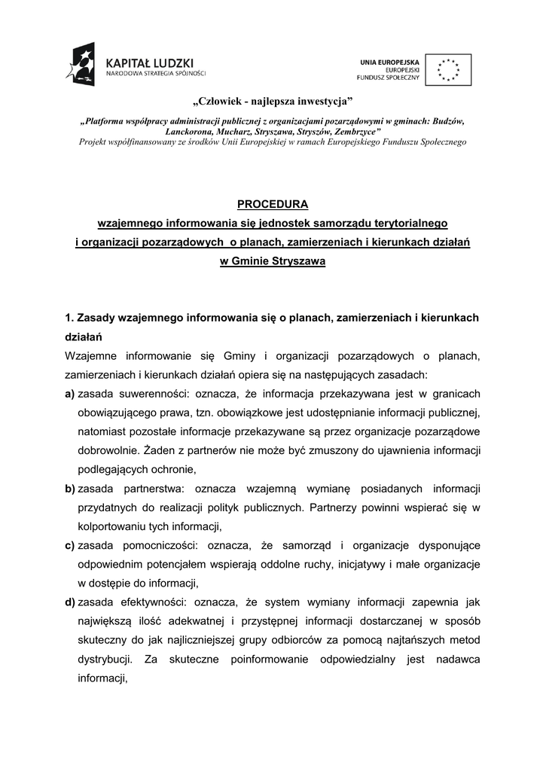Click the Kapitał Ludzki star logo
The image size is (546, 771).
pos(84,63)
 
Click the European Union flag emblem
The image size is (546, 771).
pos(449,68)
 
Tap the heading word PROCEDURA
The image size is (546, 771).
pos(273,204)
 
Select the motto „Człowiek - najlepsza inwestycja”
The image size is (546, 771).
pos(273,100)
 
